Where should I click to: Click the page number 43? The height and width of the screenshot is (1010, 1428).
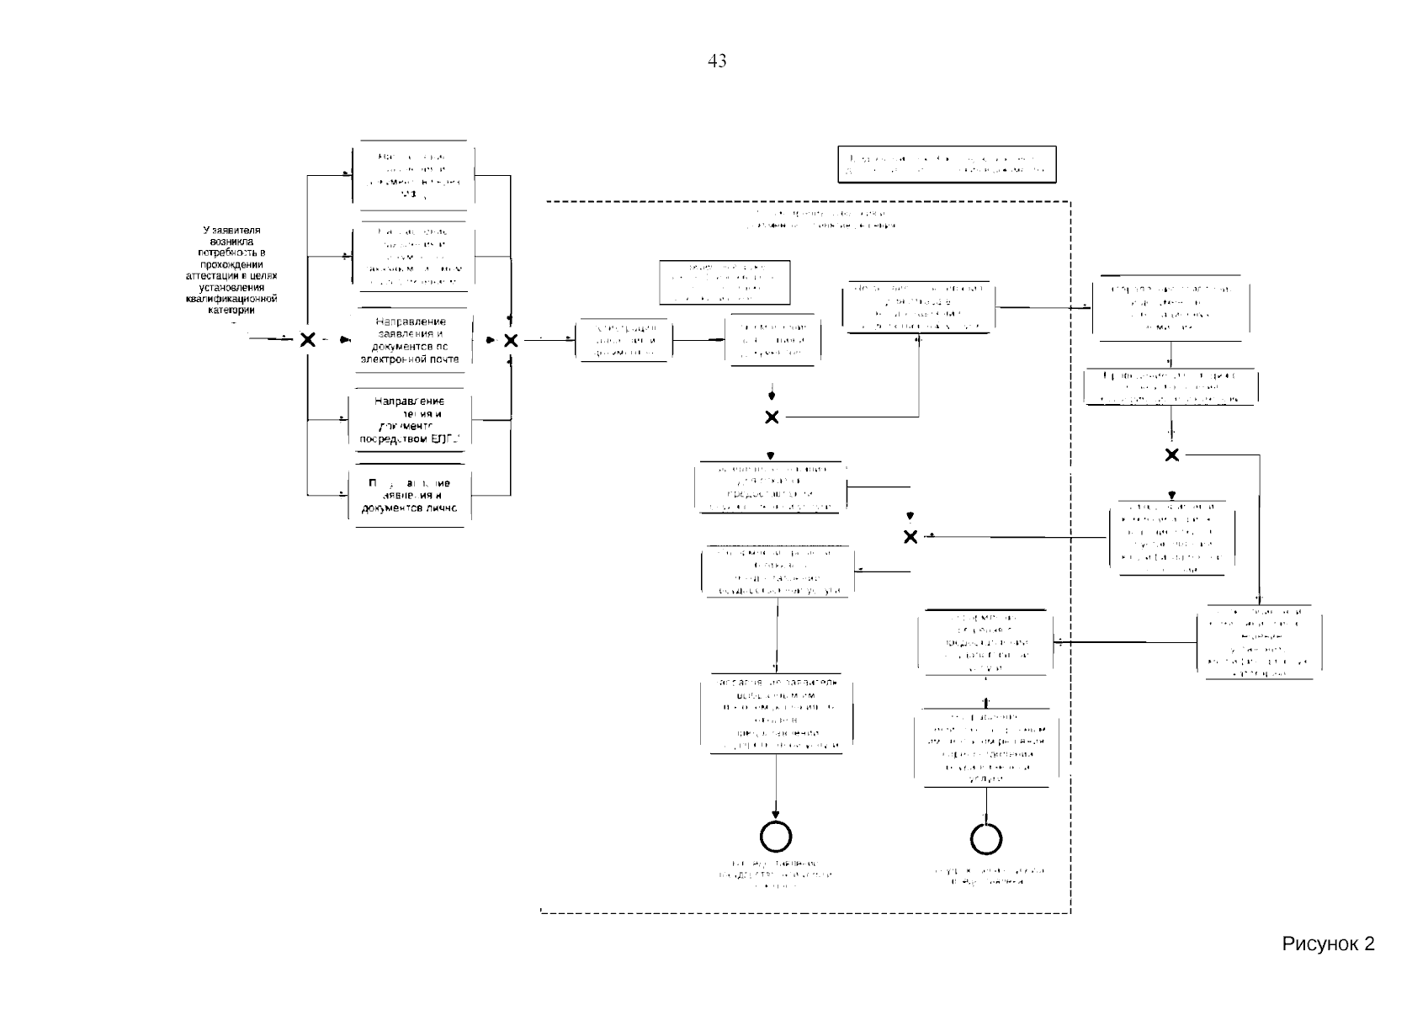[x=717, y=61]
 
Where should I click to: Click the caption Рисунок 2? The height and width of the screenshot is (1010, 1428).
[x=1328, y=944]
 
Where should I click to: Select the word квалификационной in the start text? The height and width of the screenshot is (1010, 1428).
[x=232, y=299]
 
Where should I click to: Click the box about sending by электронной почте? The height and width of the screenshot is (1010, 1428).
[x=411, y=340]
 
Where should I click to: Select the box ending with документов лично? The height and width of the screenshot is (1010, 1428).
[x=411, y=496]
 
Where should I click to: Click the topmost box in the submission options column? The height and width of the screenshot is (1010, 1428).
[x=411, y=175]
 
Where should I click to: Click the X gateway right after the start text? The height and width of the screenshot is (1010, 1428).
[x=308, y=340]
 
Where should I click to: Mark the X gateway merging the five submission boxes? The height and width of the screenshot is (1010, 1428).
[x=511, y=340]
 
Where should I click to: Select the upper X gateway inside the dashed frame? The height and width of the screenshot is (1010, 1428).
[x=772, y=417]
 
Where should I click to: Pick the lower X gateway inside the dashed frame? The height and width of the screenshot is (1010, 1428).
[x=910, y=537]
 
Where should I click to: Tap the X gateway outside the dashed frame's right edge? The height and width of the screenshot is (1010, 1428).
[x=1172, y=455]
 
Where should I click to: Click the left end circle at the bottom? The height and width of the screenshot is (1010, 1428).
[x=775, y=837]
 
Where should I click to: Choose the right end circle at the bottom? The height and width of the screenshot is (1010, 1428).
[x=986, y=838]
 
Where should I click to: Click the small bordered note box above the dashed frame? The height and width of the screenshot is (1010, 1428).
[x=947, y=164]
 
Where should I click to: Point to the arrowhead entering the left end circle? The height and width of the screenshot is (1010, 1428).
[x=775, y=816]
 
